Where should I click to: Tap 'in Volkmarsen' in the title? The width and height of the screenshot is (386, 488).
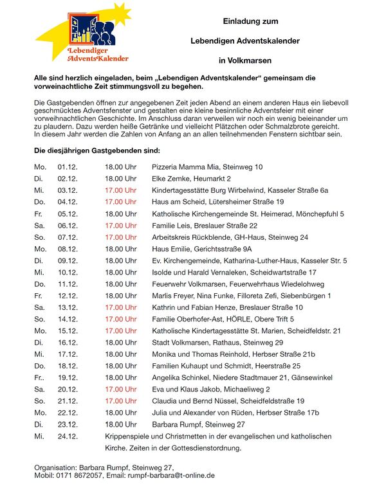coord(244,60)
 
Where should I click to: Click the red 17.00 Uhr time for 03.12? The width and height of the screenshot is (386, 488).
coord(120,190)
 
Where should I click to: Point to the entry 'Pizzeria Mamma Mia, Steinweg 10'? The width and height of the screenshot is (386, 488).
coord(207,167)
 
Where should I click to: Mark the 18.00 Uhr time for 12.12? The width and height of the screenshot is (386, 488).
coord(120,296)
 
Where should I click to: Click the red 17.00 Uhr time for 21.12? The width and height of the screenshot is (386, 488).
coord(120,401)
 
